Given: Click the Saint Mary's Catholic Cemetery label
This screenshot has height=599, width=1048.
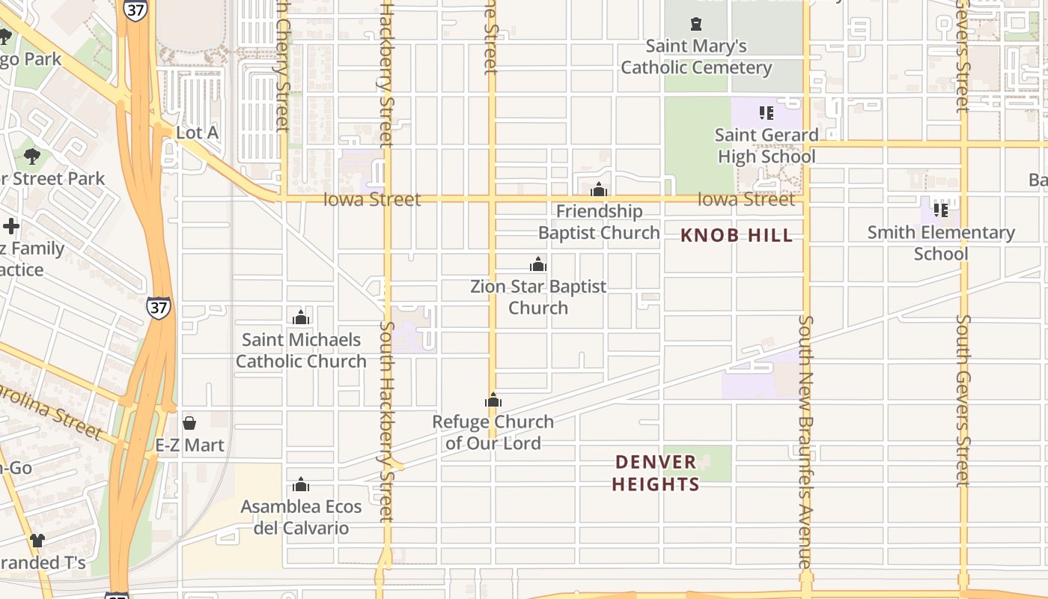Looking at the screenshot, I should click(696, 57).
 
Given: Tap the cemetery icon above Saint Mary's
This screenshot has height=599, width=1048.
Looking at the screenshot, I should click(696, 24).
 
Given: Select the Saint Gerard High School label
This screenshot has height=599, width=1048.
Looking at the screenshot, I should click(767, 146).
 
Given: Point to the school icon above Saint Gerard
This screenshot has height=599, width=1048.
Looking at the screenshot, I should click(766, 113).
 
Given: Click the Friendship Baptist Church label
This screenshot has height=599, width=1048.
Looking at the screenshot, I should click(599, 222).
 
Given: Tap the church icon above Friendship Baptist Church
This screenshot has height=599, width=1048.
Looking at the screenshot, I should click(598, 189).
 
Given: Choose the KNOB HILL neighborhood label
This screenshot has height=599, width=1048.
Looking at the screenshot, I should click(737, 236).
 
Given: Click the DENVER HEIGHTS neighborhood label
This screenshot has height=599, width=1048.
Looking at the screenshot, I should click(656, 473).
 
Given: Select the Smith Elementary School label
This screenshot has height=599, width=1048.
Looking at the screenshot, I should click(941, 243).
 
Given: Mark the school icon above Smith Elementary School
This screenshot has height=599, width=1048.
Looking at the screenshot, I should click(941, 210).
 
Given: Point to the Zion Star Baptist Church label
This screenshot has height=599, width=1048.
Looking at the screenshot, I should click(538, 297).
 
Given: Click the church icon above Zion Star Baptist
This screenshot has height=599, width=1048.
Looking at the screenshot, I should click(537, 264).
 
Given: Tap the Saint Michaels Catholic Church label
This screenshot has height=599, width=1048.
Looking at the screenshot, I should click(301, 350).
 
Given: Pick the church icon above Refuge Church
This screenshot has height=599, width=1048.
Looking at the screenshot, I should click(493, 401).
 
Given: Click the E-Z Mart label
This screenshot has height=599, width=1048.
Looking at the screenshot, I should click(189, 446).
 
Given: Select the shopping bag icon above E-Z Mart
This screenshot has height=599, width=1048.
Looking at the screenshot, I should click(189, 423).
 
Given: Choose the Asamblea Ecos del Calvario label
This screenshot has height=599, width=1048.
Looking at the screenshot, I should click(301, 517).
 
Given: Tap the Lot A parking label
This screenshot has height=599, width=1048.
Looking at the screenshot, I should click(197, 133).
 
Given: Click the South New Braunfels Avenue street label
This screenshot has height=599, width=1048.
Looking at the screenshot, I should click(805, 442).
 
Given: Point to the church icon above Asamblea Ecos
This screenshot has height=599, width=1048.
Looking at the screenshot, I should click(301, 484).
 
